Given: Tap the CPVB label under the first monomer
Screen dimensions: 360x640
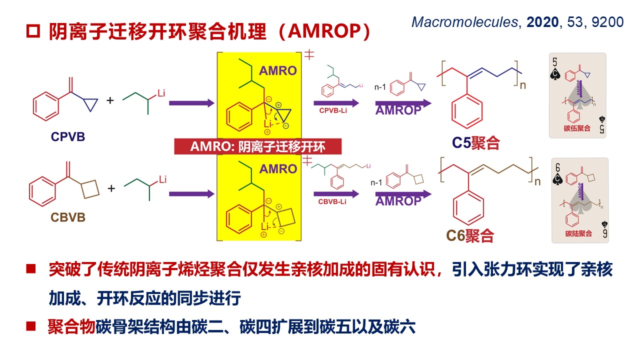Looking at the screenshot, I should coord(67,136).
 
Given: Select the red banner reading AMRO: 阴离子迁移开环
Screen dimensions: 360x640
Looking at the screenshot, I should coord(257,146).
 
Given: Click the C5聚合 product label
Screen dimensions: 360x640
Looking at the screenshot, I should coord(476,143).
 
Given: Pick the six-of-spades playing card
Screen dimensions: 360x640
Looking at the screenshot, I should coord(580,200).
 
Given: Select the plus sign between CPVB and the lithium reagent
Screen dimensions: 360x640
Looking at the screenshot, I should coord(110,100).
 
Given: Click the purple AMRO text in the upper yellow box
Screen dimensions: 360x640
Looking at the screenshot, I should coord(277,71).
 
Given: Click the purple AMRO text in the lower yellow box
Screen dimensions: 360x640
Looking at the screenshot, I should coord(277,169).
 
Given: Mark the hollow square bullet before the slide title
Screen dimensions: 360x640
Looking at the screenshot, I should coord(32,31).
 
